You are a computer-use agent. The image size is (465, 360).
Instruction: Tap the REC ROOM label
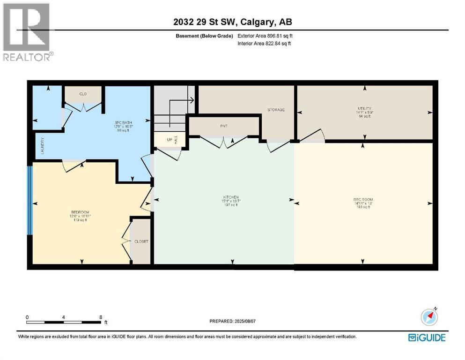pos(363,200)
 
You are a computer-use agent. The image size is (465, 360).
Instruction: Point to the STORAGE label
pos(276,110)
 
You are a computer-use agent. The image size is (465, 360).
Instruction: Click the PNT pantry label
pos(223,126)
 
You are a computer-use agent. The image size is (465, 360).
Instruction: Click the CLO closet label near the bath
pos(83,94)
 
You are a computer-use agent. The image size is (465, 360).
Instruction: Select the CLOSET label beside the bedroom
pos(141,241)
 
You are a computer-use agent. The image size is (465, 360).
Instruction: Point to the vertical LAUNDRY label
pos(42,146)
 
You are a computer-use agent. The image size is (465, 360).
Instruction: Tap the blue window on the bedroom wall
pos(30,201)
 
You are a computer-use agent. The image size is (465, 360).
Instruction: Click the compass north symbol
pos(429,317)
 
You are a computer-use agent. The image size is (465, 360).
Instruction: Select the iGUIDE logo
pos(426,337)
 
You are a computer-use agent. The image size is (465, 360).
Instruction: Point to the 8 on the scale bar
pos(101,317)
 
